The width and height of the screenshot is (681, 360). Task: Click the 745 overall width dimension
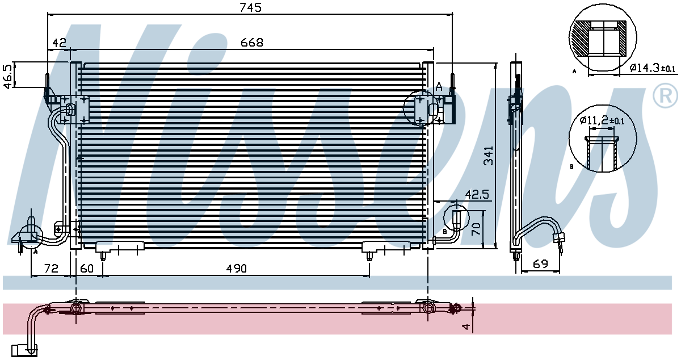[250, 7]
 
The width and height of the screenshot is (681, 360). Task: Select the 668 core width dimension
[252, 43]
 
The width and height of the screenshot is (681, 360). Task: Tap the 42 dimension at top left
[59, 43]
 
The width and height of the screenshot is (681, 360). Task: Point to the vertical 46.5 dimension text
[9, 76]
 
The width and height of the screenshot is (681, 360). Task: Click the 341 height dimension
[489, 156]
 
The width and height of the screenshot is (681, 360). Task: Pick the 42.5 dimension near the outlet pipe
[477, 194]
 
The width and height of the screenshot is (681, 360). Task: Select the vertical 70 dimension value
[476, 228]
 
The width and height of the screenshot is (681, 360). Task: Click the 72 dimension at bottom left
[51, 269]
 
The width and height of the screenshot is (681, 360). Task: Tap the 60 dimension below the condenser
[87, 269]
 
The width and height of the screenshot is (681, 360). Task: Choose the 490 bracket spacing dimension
[237, 269]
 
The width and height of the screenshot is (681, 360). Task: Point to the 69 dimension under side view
[540, 263]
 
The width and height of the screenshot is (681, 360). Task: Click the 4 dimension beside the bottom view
[466, 327]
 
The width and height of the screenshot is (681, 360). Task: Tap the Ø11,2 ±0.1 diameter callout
[602, 120]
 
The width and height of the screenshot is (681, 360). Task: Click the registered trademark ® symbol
[665, 95]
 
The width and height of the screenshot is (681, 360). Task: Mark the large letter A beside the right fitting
[439, 87]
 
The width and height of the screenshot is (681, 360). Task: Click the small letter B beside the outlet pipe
[445, 232]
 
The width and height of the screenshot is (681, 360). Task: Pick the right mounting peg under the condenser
[369, 256]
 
